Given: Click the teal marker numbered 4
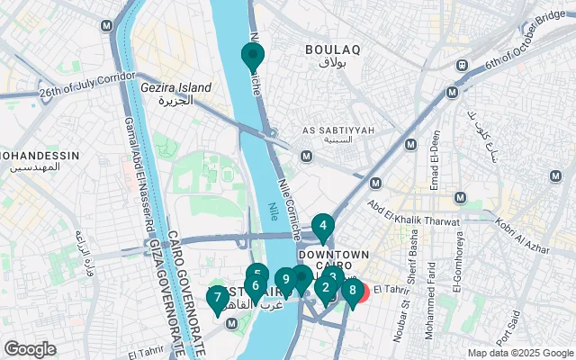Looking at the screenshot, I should click(x=322, y=226).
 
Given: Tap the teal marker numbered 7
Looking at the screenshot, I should click(x=217, y=297).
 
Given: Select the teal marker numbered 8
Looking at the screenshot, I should click(x=352, y=291).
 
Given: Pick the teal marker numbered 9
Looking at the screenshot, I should click(x=285, y=280).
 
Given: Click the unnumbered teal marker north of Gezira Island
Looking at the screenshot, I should click(x=252, y=56).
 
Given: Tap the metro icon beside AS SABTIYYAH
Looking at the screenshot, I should click(x=306, y=157).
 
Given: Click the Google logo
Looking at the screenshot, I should click(x=30, y=348).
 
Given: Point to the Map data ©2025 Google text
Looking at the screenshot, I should click(x=519, y=353).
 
